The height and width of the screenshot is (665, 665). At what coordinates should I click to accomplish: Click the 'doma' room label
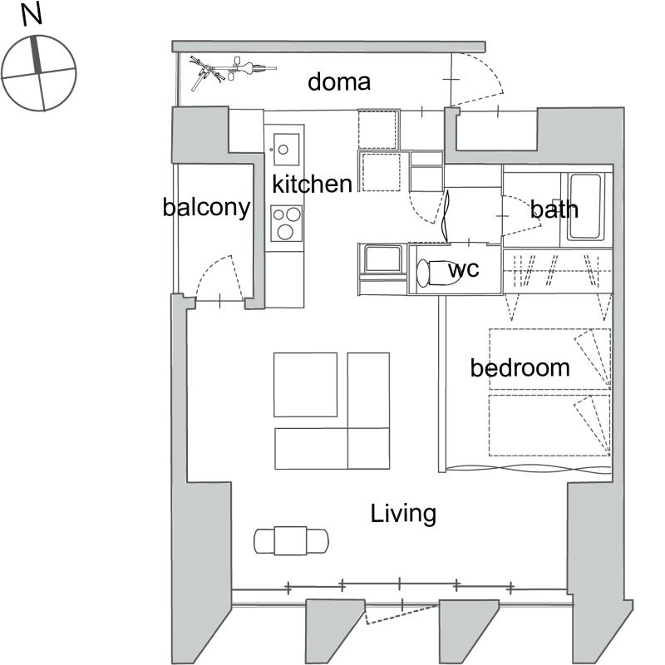click(338, 81)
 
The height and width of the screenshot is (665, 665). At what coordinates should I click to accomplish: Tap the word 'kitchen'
click(312, 183)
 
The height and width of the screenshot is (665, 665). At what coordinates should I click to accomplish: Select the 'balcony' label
click(206, 208)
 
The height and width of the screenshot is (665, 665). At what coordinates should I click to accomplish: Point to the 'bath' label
click(554, 209)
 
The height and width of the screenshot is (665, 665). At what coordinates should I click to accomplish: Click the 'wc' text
click(463, 269)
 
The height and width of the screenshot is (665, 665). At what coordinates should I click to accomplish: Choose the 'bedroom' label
click(520, 367)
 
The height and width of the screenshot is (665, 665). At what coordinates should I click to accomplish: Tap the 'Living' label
click(403, 514)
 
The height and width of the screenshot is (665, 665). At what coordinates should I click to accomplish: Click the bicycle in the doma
click(229, 70)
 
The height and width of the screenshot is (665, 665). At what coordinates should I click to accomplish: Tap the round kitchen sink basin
click(283, 150)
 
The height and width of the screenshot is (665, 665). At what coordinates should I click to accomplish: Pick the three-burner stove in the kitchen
click(287, 221)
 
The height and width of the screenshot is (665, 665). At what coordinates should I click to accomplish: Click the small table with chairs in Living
click(290, 540)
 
